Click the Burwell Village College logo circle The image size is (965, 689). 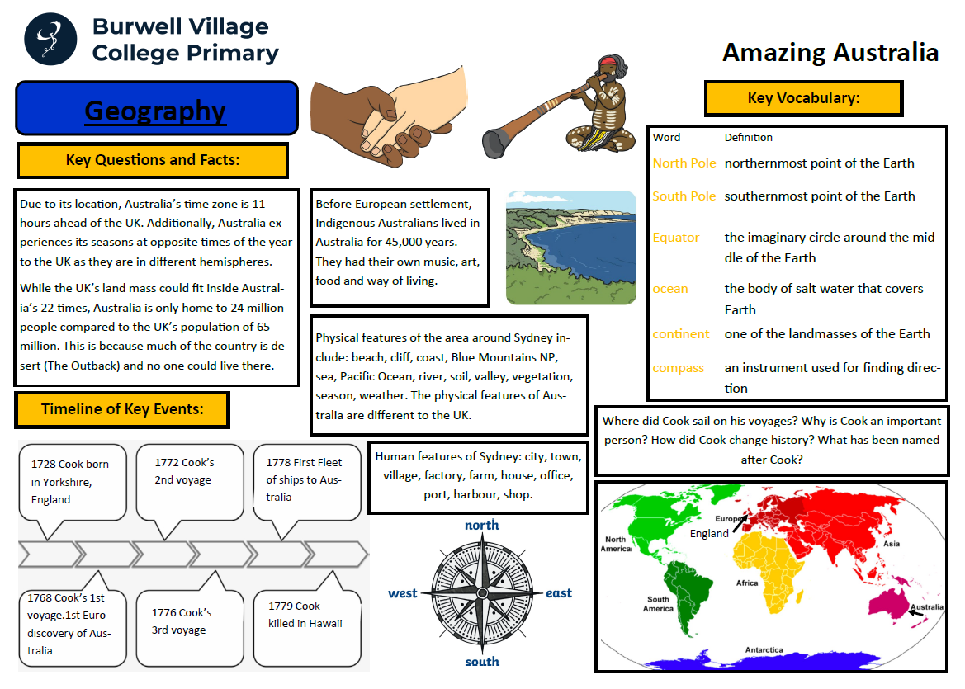pos(50,39)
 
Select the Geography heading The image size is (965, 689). pos(155,111)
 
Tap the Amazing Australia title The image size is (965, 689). pos(830,53)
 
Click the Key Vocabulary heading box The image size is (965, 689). pos(803,98)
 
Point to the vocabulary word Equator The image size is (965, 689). pos(676,238)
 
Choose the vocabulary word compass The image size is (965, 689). pos(678,368)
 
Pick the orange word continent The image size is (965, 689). pos(681,334)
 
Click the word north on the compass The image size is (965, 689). pos(481,525)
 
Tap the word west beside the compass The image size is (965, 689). pos(403,593)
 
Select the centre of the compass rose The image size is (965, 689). pos(481,592)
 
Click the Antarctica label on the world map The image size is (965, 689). pos(764,650)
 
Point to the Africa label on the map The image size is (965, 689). pos(747,583)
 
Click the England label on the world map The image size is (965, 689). pos(709,533)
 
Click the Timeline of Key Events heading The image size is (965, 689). pos(122,409)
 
